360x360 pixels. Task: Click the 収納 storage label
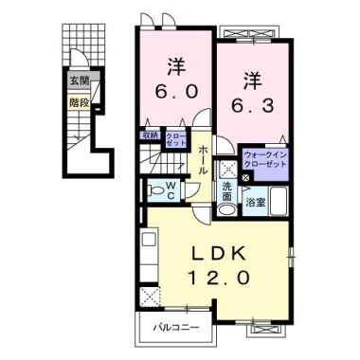point(151,136)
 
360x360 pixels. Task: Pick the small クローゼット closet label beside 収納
point(176,137)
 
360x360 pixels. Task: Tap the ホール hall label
point(202,156)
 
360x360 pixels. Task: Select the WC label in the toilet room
point(171,189)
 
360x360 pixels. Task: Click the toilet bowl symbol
point(154,189)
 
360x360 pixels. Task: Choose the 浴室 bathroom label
point(255,202)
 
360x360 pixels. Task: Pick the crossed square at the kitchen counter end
point(148,295)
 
